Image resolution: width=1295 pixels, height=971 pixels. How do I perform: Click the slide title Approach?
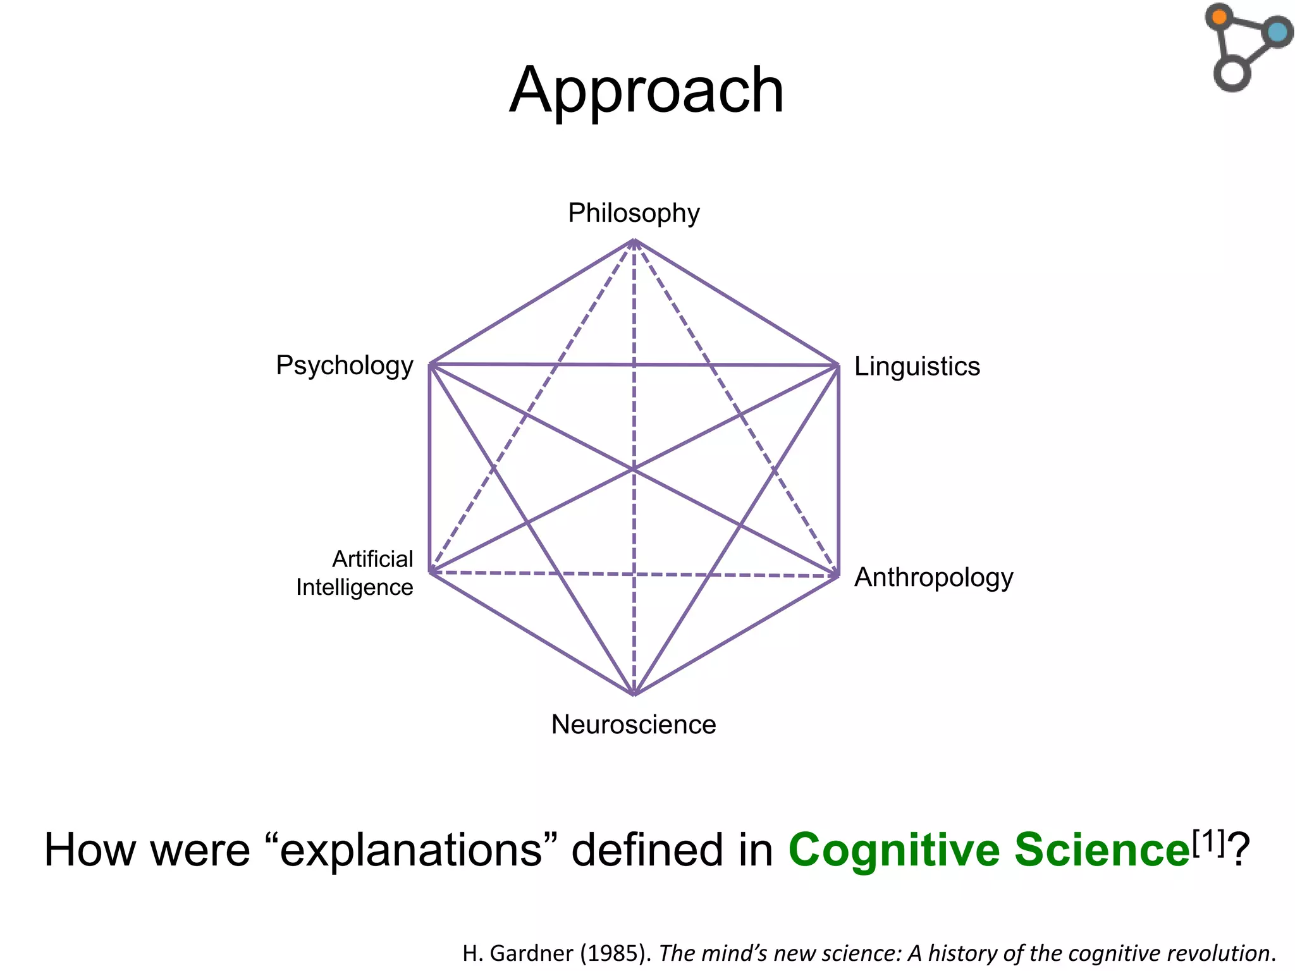point(646,91)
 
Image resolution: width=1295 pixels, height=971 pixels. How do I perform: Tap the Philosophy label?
point(634,213)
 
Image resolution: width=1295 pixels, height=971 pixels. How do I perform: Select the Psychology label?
point(344,365)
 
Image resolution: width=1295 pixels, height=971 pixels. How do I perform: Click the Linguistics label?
point(917,367)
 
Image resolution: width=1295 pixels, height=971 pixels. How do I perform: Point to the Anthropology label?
point(933,578)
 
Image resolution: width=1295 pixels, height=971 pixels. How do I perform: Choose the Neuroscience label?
point(634,724)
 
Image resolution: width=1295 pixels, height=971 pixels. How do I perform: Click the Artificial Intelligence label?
point(355,573)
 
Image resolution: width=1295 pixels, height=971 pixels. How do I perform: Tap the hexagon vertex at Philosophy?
point(634,240)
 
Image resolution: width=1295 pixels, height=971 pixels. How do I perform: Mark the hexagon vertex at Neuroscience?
point(634,694)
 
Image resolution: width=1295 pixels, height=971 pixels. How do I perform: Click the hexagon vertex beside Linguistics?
point(838,365)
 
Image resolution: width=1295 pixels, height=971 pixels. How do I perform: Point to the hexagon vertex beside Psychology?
point(430,364)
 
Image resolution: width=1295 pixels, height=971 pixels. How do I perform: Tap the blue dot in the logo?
point(1277,32)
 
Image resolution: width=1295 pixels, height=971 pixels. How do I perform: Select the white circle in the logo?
point(1232,73)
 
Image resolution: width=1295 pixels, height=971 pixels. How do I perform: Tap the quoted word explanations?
point(411,850)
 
